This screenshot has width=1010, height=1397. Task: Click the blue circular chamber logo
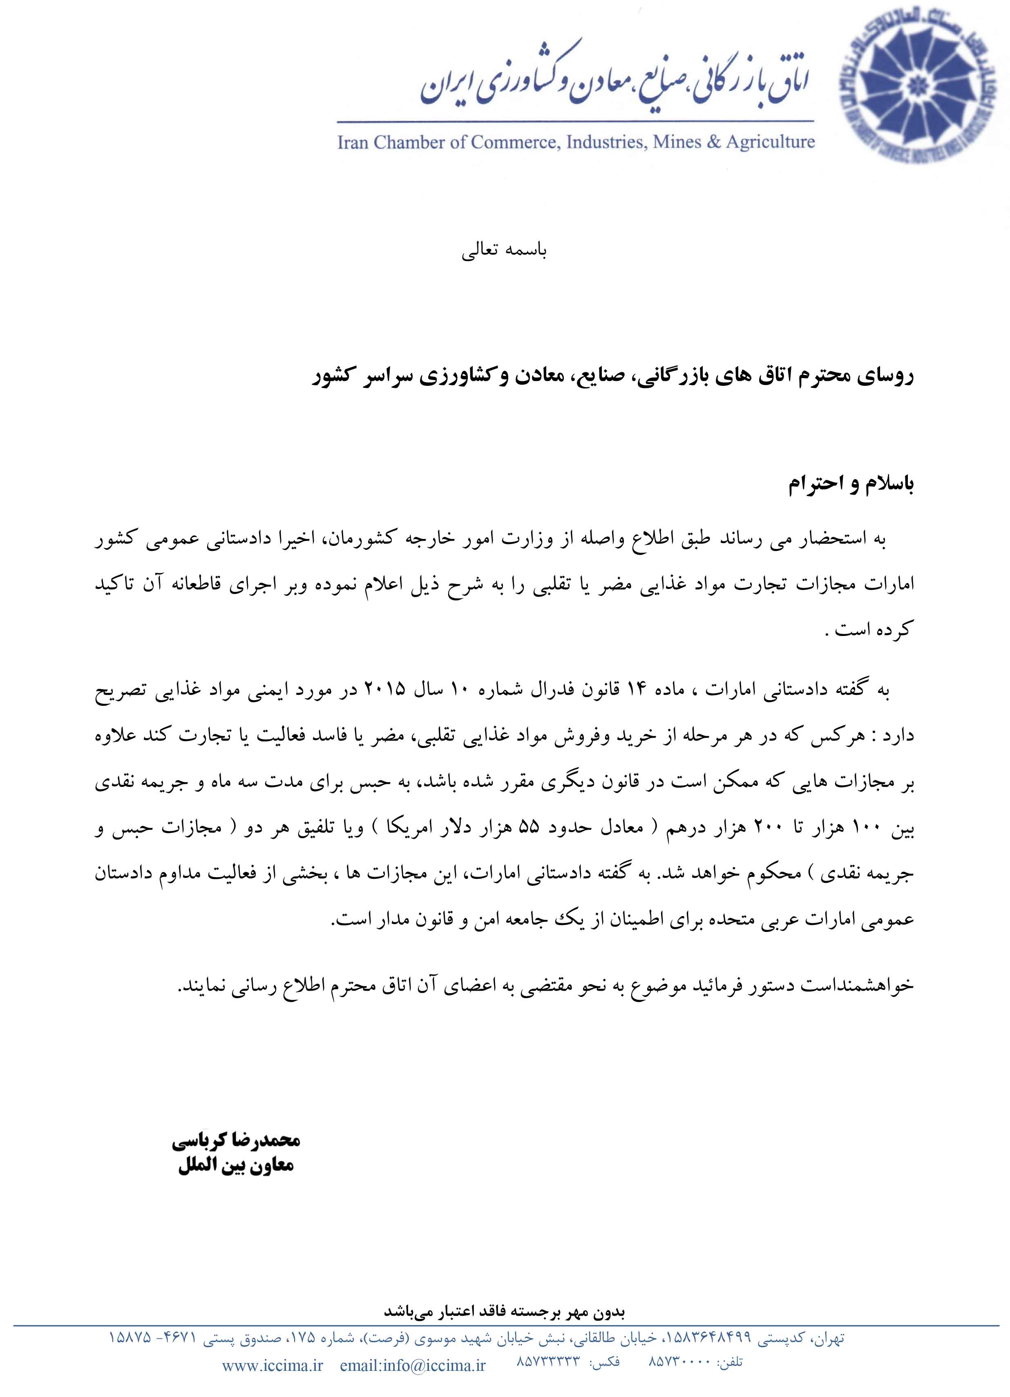click(x=923, y=90)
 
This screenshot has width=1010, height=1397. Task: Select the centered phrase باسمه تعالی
click(x=504, y=251)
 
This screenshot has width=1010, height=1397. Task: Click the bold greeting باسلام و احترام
click(x=851, y=484)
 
